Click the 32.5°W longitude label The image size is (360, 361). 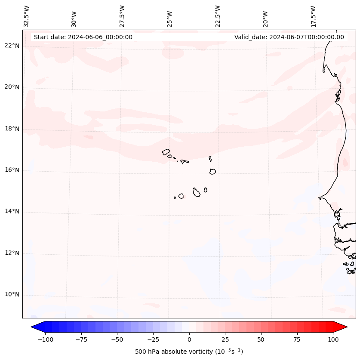(27, 16)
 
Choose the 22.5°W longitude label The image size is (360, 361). (218, 16)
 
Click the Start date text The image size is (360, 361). (83, 37)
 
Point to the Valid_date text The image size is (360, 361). (289, 37)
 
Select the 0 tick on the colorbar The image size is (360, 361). (189, 339)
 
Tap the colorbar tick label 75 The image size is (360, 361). (297, 339)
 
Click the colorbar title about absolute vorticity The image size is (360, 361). (189, 352)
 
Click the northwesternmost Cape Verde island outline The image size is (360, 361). (166, 152)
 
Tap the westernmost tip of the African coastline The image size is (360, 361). (319, 198)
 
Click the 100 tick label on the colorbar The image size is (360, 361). (333, 339)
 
